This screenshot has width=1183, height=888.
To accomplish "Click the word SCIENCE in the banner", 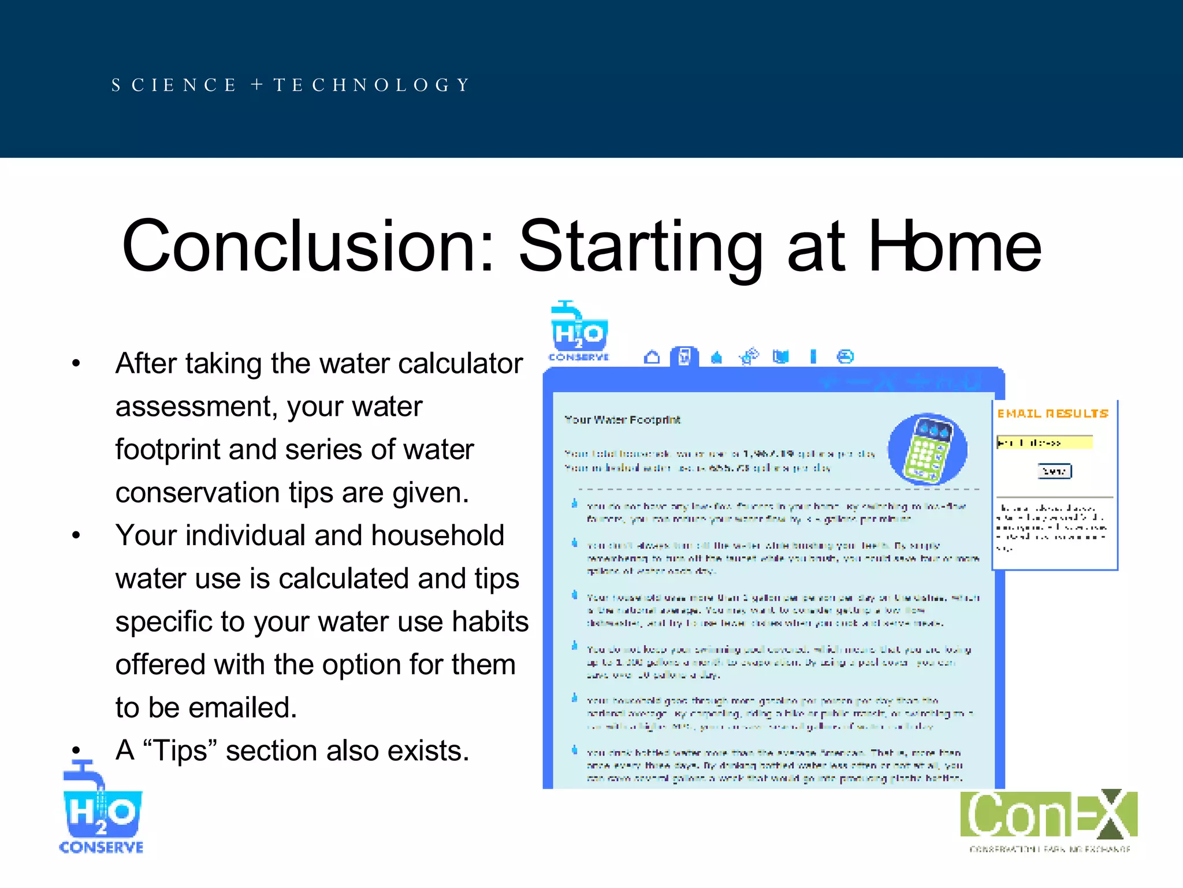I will [x=174, y=85].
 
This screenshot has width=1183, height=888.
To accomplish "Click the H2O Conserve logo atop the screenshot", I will [x=578, y=332].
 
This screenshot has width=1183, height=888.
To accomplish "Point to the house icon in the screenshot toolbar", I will [x=652, y=357].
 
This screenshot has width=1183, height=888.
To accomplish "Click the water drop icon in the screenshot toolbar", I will [x=716, y=357].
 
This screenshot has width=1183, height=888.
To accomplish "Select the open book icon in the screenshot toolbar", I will [x=780, y=357].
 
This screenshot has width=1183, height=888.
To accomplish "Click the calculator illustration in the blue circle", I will [x=927, y=449].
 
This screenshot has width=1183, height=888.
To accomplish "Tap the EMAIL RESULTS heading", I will [x=1052, y=413].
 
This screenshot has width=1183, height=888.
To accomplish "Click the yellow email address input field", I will [x=1044, y=443].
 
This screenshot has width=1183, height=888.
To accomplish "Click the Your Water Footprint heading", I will [x=622, y=420].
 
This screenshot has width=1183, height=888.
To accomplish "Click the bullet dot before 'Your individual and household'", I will [x=76, y=535].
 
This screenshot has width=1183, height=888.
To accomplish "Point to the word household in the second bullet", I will [x=437, y=535].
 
